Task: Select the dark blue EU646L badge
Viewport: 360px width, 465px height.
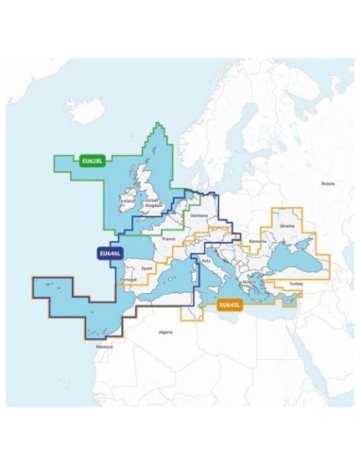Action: tap(108, 253)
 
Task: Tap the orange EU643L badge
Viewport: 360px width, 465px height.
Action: tap(230, 304)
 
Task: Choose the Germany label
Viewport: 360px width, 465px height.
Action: tap(198, 216)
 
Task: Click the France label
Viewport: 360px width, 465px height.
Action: tap(169, 240)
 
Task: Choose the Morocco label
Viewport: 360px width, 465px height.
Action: tap(104, 345)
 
